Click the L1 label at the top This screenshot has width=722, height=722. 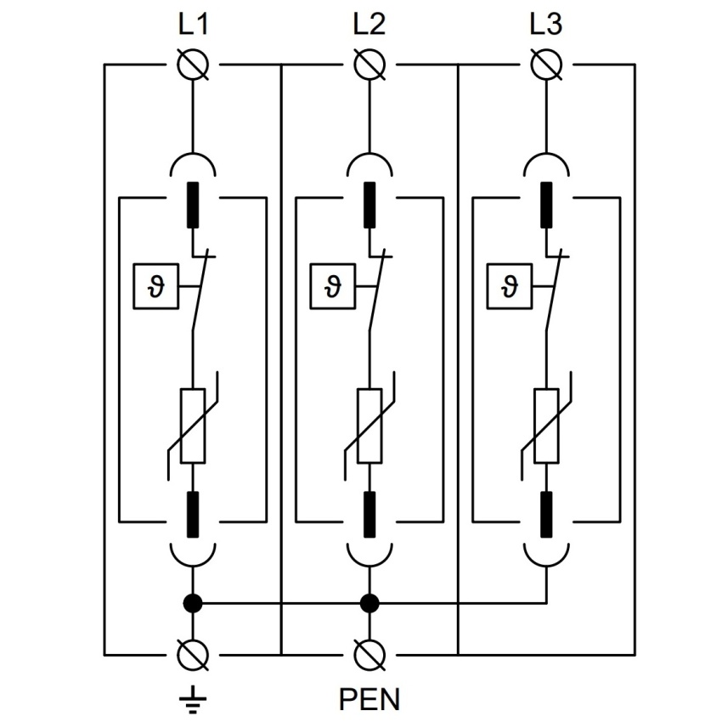[193, 25]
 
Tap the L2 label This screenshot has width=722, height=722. [369, 25]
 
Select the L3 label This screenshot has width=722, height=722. [546, 25]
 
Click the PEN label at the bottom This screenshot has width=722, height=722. [369, 699]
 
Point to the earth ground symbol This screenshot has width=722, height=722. [193, 700]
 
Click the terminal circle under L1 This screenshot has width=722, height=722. [193, 65]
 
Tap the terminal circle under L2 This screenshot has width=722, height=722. [369, 65]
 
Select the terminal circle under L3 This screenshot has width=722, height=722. [546, 65]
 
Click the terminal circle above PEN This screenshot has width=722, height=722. [369, 655]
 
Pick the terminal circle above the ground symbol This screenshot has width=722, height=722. [193, 655]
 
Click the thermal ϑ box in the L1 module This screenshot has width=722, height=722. [155, 286]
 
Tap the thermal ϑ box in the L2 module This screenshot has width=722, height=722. [332, 286]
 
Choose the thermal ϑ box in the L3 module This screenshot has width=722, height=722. [510, 286]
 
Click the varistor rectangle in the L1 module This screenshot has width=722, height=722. [193, 426]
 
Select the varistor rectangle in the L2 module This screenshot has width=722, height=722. [369, 426]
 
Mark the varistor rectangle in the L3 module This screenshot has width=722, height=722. [546, 426]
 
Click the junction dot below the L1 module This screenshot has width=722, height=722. [193, 603]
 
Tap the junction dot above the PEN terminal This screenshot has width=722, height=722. [369, 603]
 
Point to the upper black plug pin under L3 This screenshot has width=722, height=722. [546, 205]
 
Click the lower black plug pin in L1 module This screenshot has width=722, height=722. [193, 515]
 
